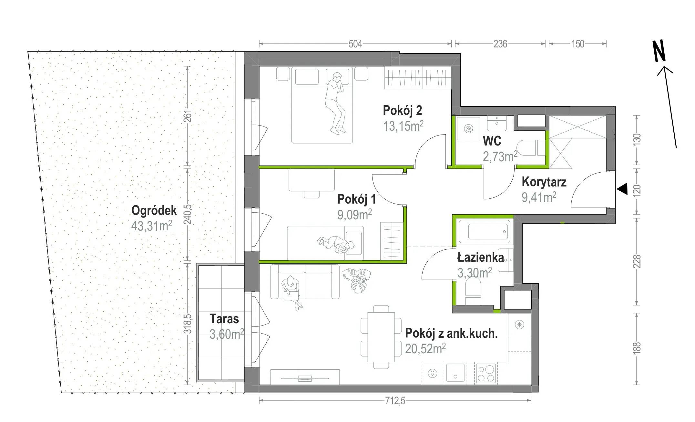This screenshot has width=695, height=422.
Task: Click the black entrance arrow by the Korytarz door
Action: click(622, 189)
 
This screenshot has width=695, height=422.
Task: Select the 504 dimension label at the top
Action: click(355, 44)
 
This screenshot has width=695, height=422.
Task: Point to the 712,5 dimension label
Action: click(395, 401)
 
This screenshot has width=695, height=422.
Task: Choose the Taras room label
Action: click(224, 319)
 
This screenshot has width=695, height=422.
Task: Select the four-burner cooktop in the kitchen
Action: click(486, 373)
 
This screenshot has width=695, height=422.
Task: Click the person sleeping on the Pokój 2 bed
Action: click(336, 103)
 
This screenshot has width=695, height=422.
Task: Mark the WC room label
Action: click(492, 141)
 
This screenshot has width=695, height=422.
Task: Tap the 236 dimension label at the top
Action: click(500, 44)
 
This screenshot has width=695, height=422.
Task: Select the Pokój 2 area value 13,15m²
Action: click(403, 126)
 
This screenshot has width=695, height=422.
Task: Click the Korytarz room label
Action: click(544, 182)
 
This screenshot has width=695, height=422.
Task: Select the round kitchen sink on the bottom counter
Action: click(432, 374)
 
